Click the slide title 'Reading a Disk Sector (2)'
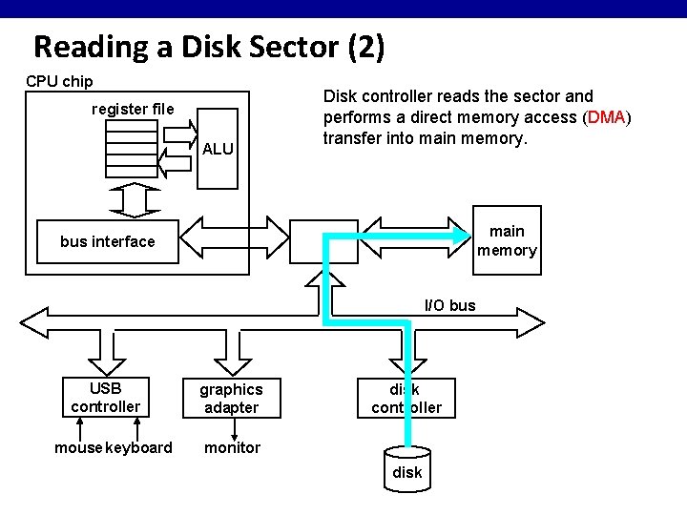coord(209,47)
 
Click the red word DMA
coord(607,117)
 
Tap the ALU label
coord(218,149)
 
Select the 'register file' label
coord(133,109)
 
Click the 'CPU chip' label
coord(59,81)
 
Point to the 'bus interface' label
coord(107,241)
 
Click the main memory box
coord(507,240)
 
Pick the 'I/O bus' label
coord(449,305)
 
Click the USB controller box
coord(105,398)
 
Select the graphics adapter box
coord(230,399)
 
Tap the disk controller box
coord(406,399)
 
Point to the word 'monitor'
coord(232,448)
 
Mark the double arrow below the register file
coord(131,198)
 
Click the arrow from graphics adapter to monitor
coord(231,429)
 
